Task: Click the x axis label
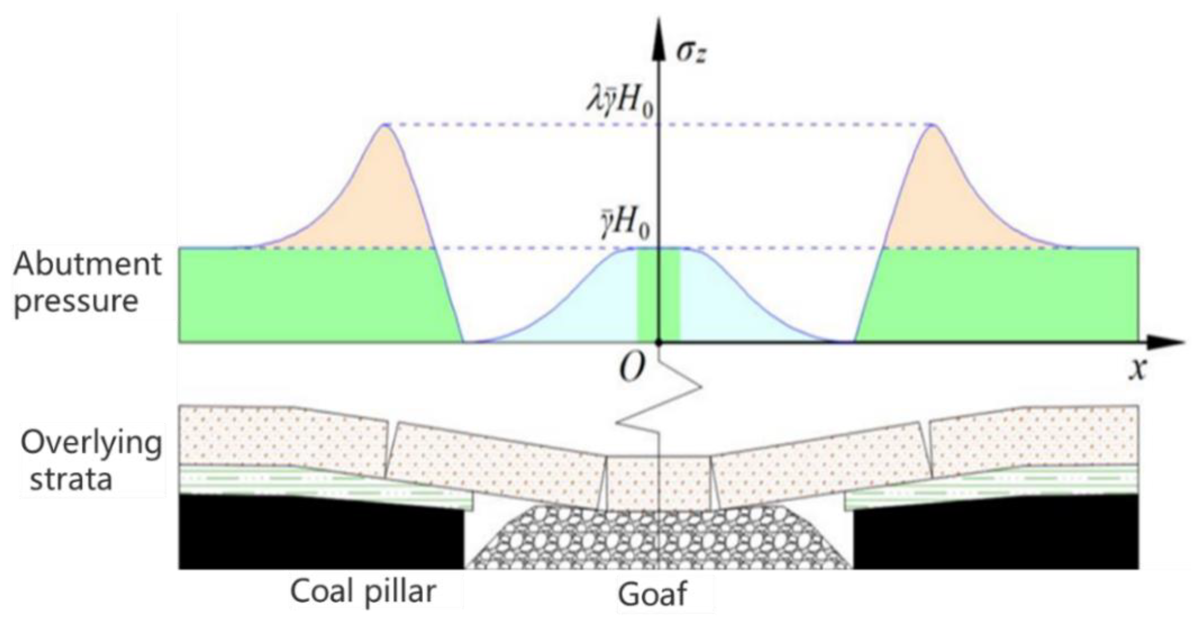(1138, 370)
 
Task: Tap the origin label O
(632, 370)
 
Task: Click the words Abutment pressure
(88, 283)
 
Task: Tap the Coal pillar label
(363, 591)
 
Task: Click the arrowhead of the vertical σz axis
(658, 33)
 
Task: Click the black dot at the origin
(658, 343)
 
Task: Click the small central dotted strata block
(659, 483)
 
